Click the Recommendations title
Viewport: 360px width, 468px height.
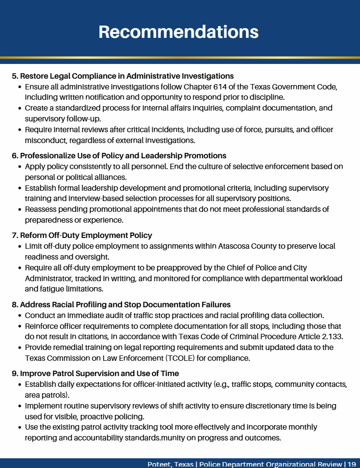click(x=179, y=31)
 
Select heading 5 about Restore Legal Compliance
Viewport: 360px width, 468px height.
click(x=122, y=76)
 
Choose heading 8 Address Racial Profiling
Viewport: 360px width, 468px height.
click(x=121, y=305)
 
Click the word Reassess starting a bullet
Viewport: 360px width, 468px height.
click(x=44, y=209)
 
